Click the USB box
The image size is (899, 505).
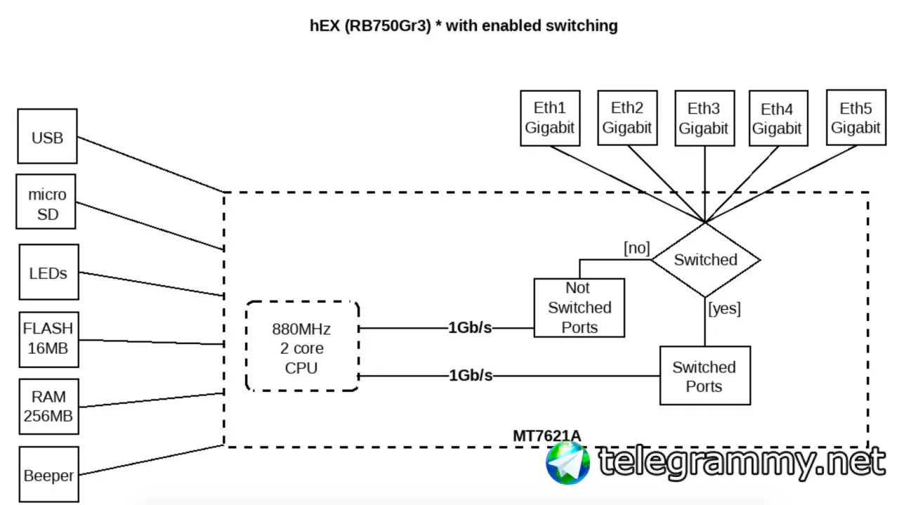47,136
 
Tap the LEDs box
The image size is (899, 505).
48,272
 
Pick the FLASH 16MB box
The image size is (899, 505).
48,339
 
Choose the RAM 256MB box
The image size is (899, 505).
48,407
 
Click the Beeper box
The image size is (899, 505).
48,475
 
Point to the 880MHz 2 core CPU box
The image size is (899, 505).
302,346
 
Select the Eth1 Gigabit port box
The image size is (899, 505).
549,118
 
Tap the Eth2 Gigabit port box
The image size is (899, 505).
627,117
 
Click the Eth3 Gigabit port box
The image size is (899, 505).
704,118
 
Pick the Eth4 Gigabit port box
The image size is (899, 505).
777,119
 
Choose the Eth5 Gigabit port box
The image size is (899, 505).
855,118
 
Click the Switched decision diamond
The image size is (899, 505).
705,260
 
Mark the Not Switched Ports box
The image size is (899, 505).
579,308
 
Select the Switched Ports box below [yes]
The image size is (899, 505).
704,376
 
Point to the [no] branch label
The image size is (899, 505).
636,248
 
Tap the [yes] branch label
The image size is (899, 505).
725,308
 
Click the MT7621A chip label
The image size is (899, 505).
546,435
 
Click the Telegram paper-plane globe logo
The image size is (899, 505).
568,462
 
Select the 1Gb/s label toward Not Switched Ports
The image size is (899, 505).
470,327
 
